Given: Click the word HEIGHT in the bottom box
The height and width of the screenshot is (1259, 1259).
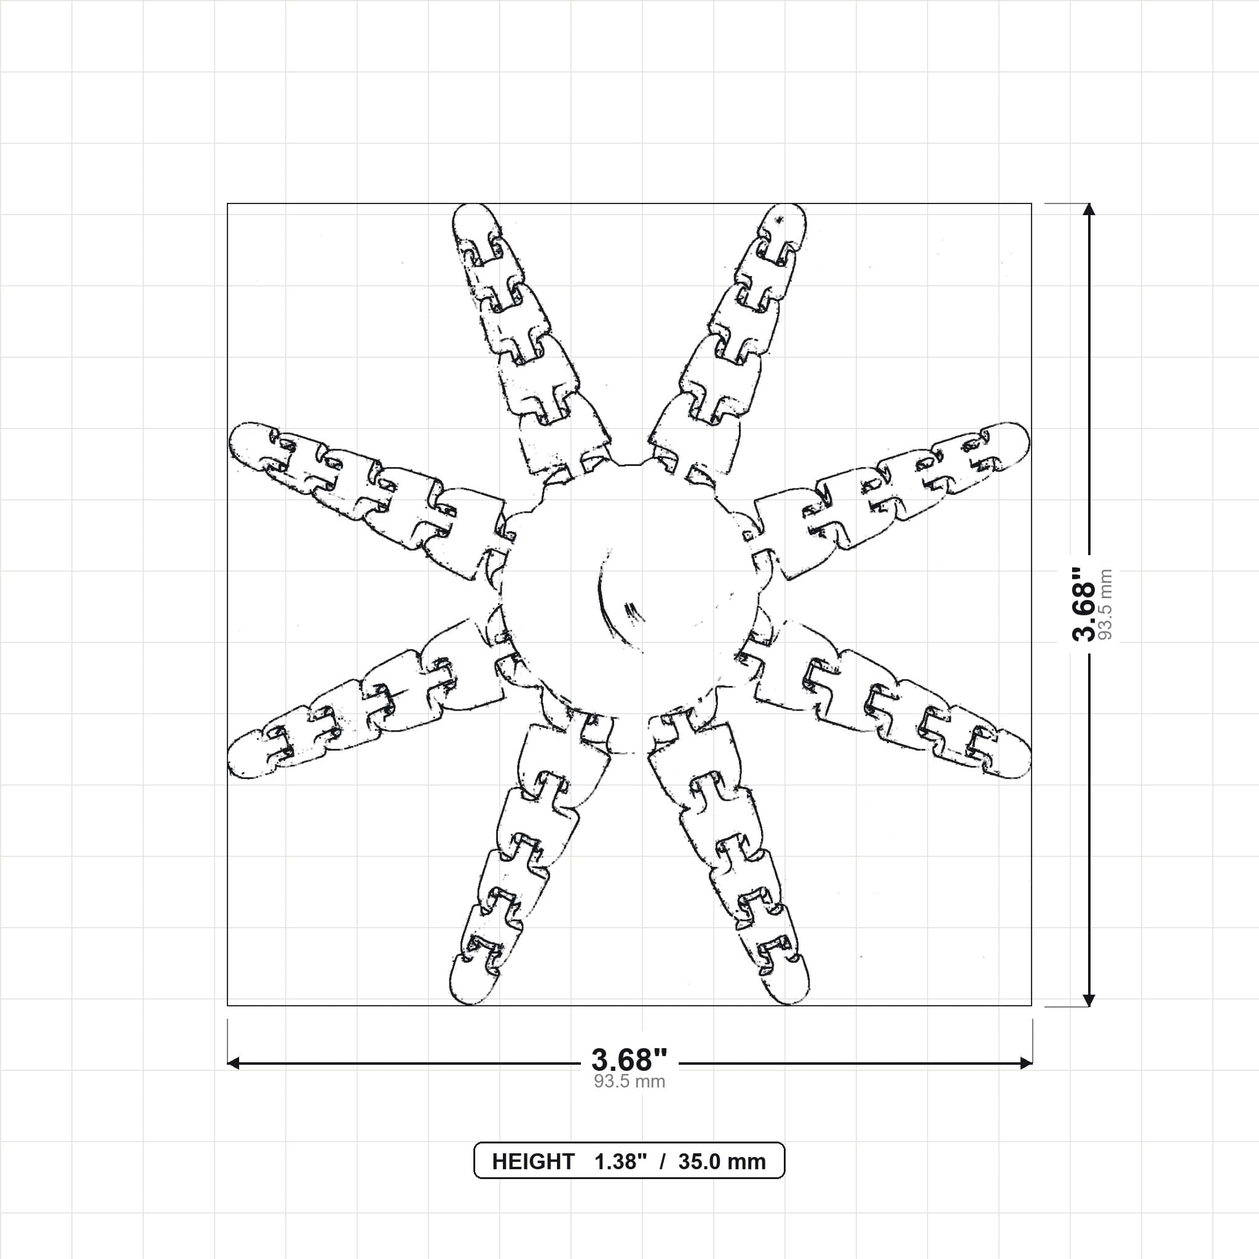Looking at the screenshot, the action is tap(533, 1161).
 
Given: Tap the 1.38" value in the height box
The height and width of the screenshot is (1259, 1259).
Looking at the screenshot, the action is tap(620, 1161).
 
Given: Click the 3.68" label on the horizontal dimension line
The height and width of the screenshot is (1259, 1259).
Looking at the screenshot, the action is tap(629, 1060).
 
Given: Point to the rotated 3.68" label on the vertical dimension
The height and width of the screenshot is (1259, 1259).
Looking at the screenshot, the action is tap(1084, 604).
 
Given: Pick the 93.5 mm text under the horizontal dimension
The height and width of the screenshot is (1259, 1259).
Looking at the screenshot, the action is tap(629, 1083).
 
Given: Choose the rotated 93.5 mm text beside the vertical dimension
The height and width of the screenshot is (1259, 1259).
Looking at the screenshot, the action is tap(1107, 604).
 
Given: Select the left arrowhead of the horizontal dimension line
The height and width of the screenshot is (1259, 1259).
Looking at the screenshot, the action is tap(234, 1064).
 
